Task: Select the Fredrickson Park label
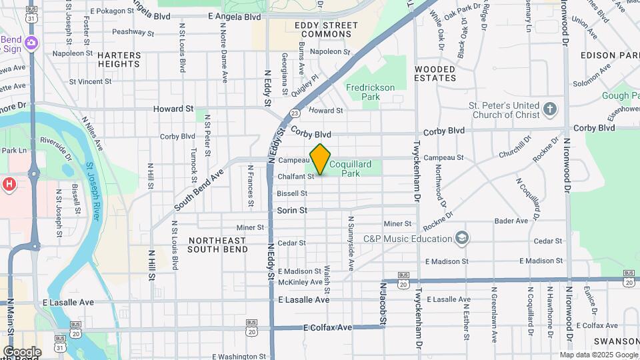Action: pyautogui.click(x=370, y=92)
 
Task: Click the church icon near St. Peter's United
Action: pyautogui.click(x=549, y=109)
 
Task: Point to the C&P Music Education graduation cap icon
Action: pyautogui.click(x=461, y=238)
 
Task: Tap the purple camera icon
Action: pyautogui.click(x=31, y=43)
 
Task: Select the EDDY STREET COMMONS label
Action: pyautogui.click(x=326, y=30)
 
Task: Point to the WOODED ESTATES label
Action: pyautogui.click(x=435, y=73)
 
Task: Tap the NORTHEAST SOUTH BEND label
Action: pyautogui.click(x=218, y=245)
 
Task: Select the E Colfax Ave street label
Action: pyautogui.click(x=327, y=328)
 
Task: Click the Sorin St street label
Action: pyautogui.click(x=292, y=210)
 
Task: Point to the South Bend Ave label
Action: pyautogui.click(x=197, y=189)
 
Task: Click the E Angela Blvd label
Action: pyautogui.click(x=234, y=17)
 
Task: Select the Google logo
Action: pyautogui.click(x=22, y=351)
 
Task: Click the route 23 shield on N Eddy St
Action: pyautogui.click(x=294, y=114)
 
